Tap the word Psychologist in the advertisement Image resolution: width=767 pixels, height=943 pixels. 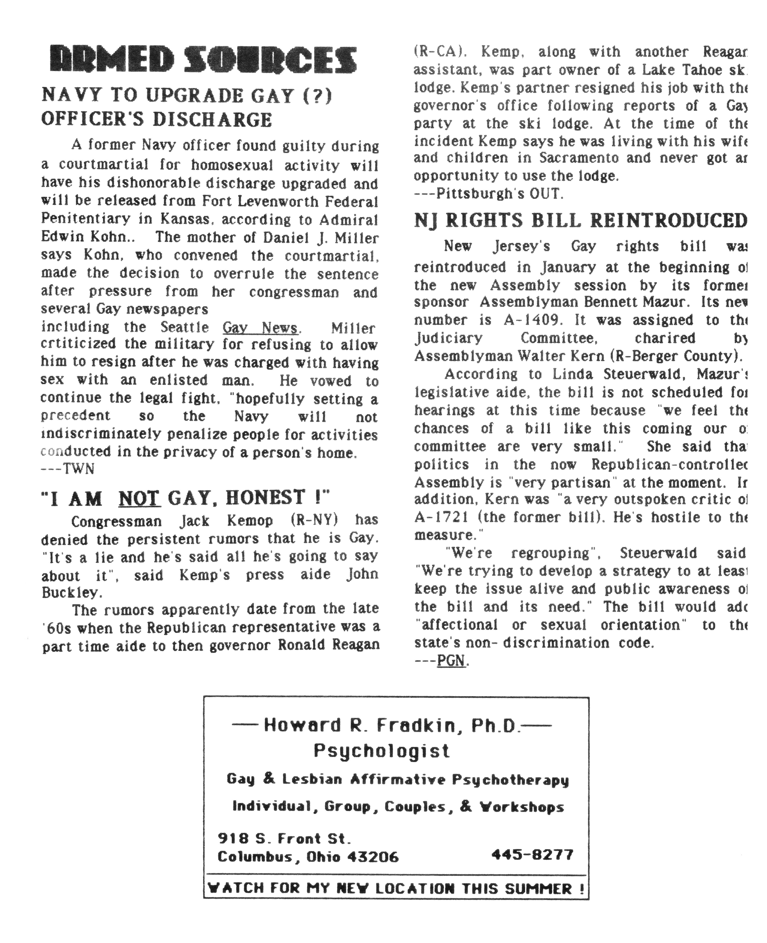click(382, 751)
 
